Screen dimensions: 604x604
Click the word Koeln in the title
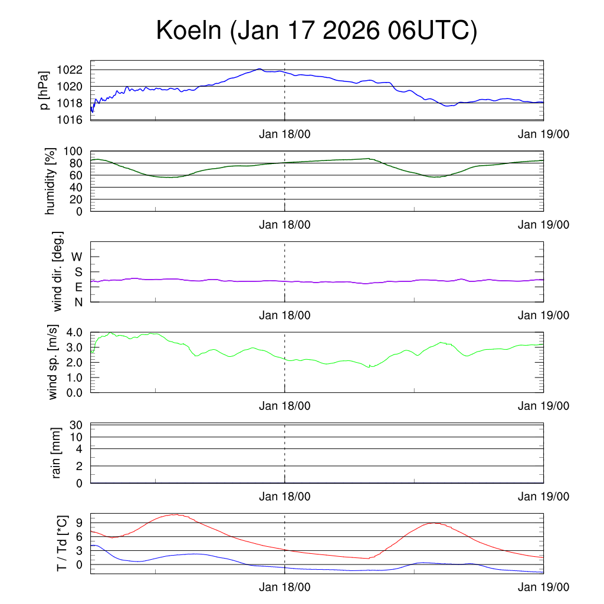(188, 31)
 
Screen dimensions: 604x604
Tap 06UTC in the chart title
(431, 31)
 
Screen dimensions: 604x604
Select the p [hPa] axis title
(44, 90)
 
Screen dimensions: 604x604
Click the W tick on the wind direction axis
(77, 257)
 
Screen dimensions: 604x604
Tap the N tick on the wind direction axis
(78, 302)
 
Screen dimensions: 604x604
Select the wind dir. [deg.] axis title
(57, 271)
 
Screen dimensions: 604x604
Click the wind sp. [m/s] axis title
(54, 362)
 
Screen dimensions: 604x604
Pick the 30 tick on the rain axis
(77, 425)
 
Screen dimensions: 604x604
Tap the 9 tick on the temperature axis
(81, 523)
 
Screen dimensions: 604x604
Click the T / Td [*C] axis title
(61, 544)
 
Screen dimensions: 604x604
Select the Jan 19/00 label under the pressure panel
(543, 134)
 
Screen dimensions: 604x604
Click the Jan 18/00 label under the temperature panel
(284, 587)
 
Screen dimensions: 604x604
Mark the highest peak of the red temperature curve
(175, 514)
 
